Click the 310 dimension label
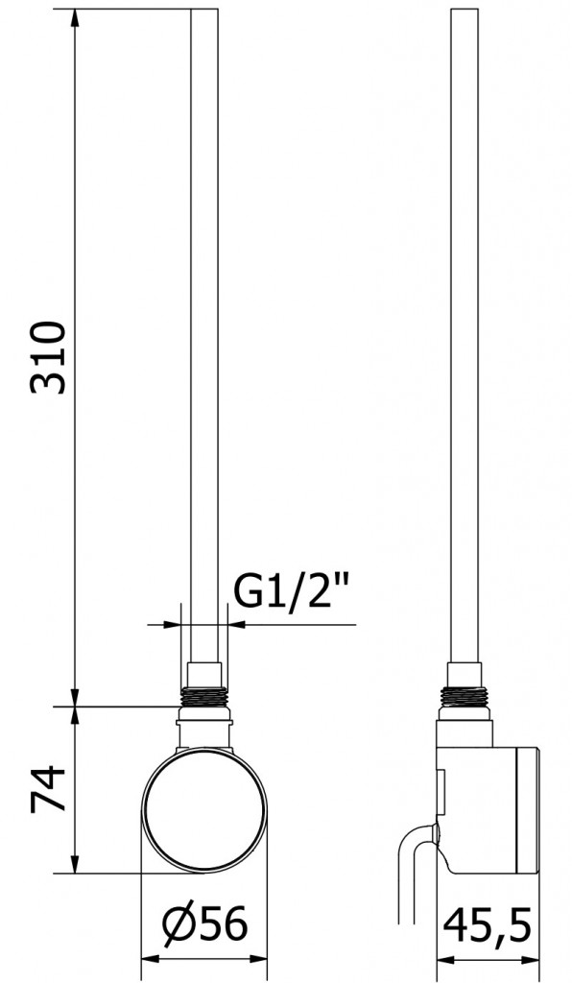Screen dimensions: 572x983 (48, 357)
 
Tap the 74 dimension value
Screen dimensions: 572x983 (48, 789)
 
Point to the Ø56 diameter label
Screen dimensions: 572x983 (205, 924)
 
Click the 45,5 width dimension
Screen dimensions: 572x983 (488, 925)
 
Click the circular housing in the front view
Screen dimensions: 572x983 (204, 809)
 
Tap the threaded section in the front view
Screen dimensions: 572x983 (204, 697)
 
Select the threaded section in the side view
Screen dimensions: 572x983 (464, 697)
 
